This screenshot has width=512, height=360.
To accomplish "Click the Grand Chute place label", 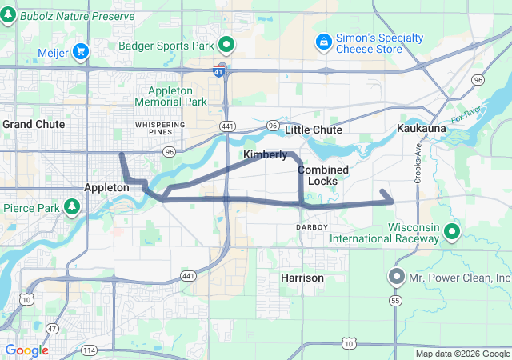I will [x=34, y=125].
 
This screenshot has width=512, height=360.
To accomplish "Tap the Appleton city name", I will [x=106, y=187].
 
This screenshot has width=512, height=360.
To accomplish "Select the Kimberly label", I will [x=265, y=154].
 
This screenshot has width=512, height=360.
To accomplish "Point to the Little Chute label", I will [x=314, y=130].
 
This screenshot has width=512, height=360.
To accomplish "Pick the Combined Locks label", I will [x=323, y=175].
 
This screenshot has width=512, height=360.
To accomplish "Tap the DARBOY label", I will [x=312, y=227].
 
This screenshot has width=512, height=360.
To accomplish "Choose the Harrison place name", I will [x=302, y=278].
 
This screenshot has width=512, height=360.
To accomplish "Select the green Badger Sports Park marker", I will [x=227, y=45].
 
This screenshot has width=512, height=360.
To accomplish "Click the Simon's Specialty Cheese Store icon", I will [x=323, y=40].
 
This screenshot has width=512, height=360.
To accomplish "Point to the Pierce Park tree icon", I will [x=72, y=207].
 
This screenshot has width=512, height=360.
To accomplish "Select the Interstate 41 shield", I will [x=218, y=72].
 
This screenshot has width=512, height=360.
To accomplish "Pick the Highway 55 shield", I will [x=395, y=300].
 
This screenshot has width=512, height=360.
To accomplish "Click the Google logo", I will [x=26, y=350].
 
